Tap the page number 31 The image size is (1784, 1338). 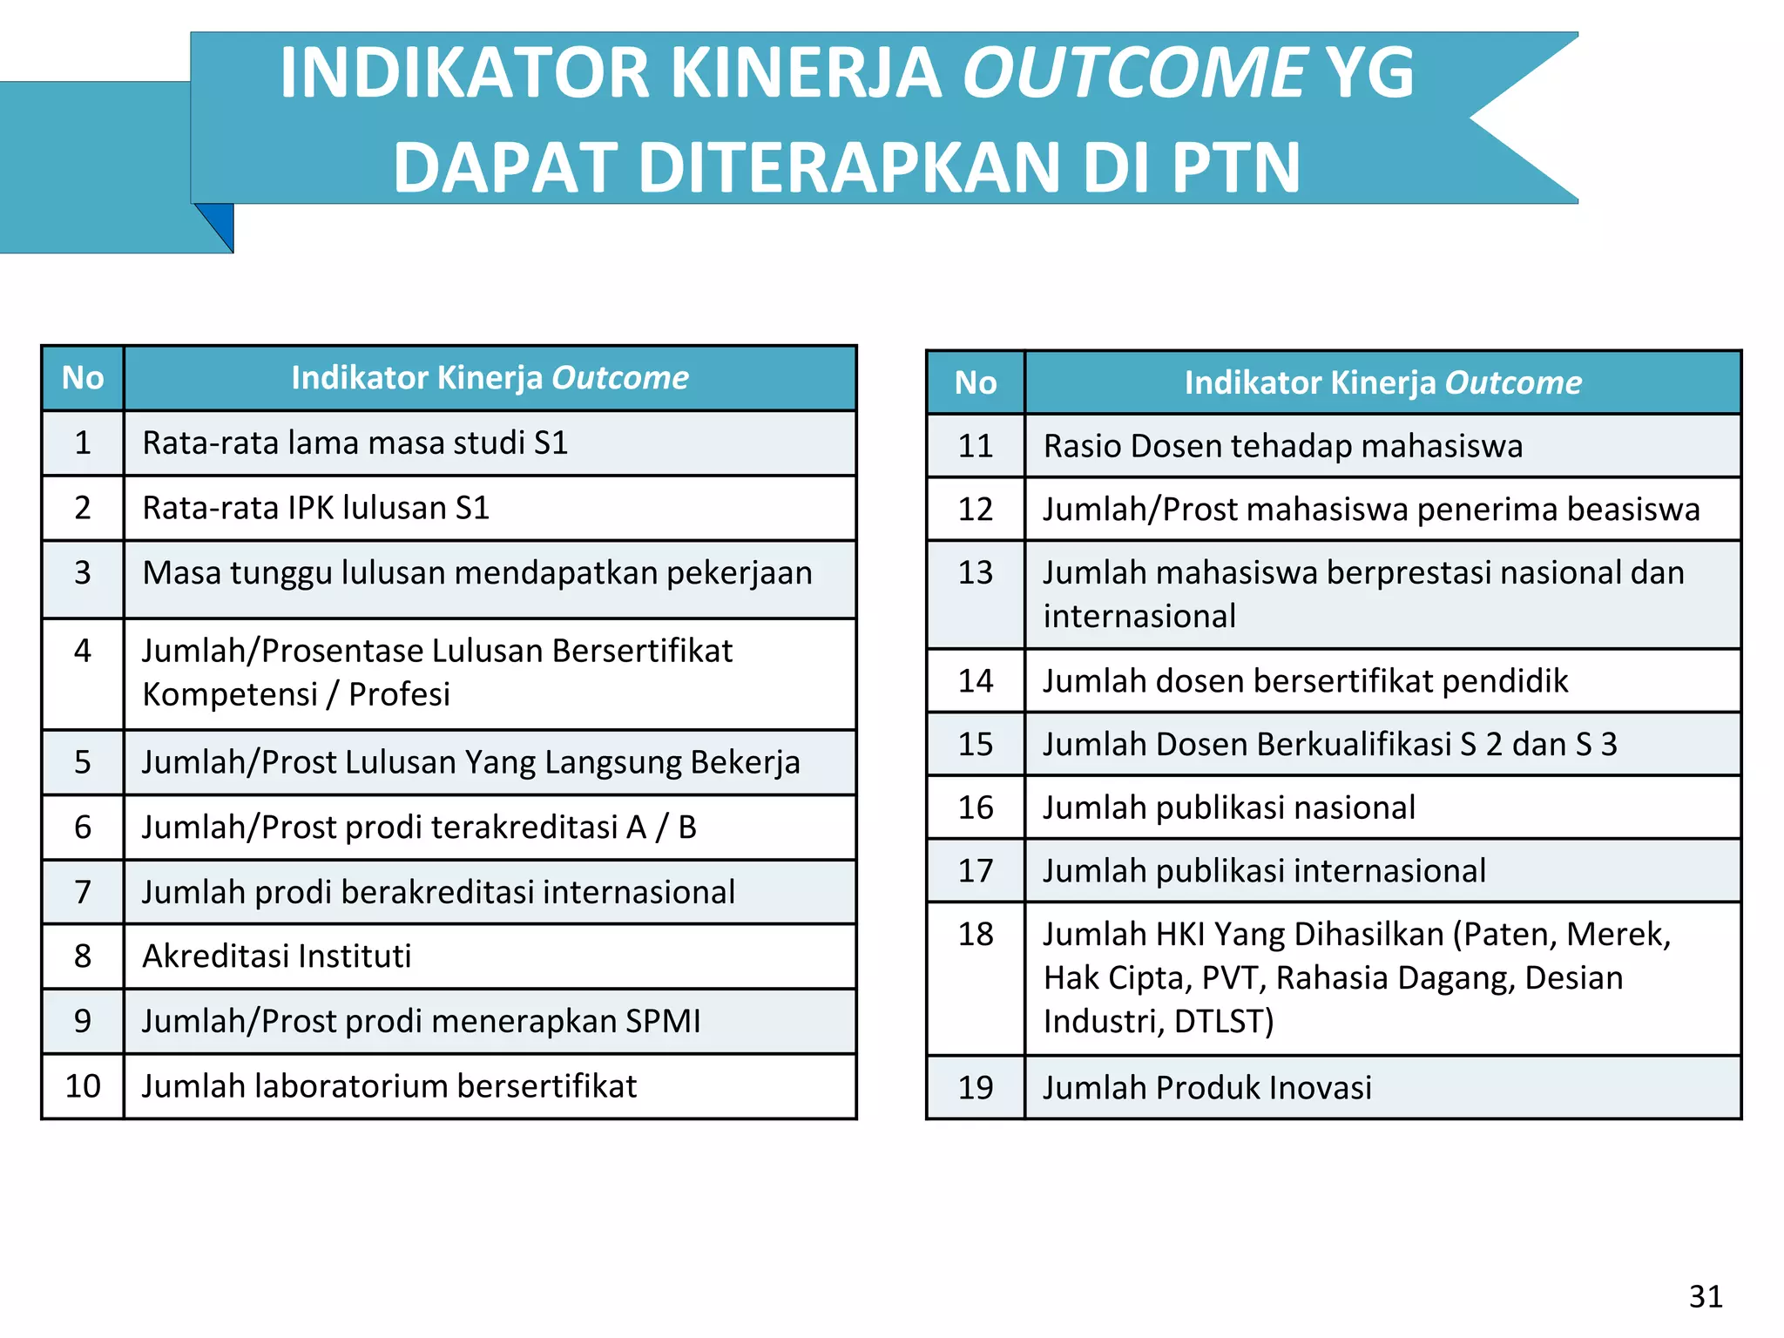click(x=1705, y=1296)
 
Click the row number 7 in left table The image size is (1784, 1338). click(x=83, y=892)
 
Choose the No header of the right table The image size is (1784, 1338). click(x=975, y=383)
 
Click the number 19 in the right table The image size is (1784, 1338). click(x=975, y=1088)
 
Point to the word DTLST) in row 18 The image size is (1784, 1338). click(x=1223, y=1021)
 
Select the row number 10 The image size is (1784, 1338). click(x=83, y=1086)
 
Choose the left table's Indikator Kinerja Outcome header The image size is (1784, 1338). click(x=490, y=378)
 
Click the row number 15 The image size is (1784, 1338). click(x=975, y=745)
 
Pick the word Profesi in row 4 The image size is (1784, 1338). click(x=399, y=694)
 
